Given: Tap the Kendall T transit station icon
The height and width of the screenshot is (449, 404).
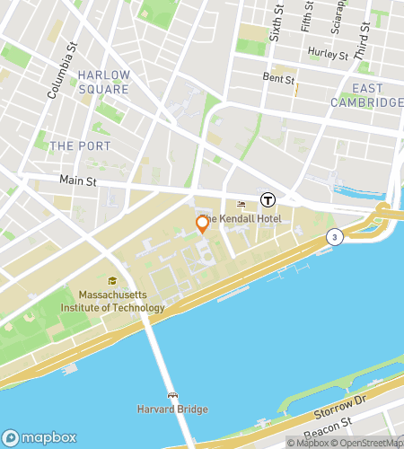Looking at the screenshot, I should pyautogui.click(x=268, y=199).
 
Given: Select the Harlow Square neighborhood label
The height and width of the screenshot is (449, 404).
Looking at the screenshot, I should pyautogui.click(x=103, y=82).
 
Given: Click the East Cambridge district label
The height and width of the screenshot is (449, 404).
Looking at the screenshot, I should pyautogui.click(x=377, y=95).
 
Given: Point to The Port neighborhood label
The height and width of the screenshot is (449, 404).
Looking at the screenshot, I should pyautogui.click(x=81, y=145).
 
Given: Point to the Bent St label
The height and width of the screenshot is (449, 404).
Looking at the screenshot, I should pyautogui.click(x=278, y=80).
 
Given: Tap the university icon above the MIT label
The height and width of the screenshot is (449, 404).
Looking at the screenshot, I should pyautogui.click(x=112, y=280).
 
